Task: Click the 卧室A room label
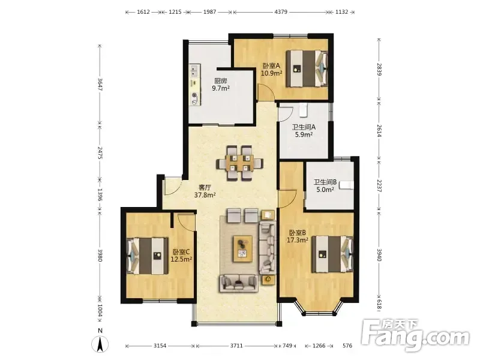(272, 66)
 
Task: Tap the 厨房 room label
(221, 81)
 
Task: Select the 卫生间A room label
(304, 127)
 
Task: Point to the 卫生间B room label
(325, 182)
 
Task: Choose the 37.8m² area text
(205, 194)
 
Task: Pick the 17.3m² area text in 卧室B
(297, 240)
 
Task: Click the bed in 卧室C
(148, 256)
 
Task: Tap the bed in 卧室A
(307, 69)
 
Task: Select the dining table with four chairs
(240, 163)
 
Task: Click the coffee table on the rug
(243, 248)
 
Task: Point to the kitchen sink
(194, 71)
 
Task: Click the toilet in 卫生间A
(303, 110)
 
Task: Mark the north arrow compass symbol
(100, 343)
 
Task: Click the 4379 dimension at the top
(281, 12)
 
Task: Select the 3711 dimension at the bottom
(236, 346)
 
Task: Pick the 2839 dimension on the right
(379, 69)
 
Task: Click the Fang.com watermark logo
(415, 335)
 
